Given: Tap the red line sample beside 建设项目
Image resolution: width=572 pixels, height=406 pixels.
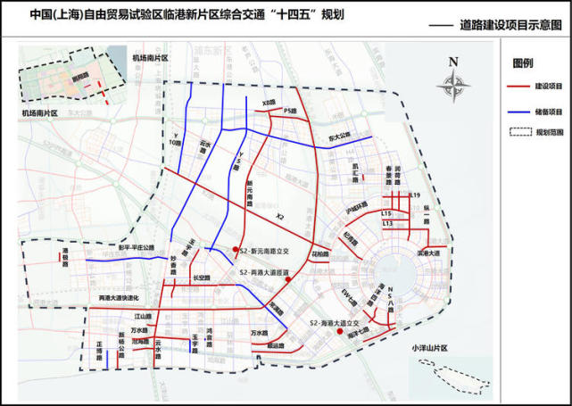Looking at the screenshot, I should point(515,87).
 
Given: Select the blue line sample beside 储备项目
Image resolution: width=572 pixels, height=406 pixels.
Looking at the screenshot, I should point(515,112).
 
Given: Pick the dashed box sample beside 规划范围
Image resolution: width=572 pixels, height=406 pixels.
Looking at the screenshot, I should point(515,132).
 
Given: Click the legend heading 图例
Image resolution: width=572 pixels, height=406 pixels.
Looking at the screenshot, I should point(523,64).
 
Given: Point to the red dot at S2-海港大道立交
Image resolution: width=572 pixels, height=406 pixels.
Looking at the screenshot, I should point(339,332).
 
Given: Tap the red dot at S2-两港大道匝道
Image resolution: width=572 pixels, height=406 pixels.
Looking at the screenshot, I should point(287,280).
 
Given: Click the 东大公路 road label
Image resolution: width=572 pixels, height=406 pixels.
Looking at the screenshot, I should point(339,140).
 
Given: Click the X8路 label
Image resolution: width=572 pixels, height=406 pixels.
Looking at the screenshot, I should point(268,104).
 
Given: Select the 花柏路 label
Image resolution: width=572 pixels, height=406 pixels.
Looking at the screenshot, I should point(320,253).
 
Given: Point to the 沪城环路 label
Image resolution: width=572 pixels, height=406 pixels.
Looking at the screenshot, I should point(356,204).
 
